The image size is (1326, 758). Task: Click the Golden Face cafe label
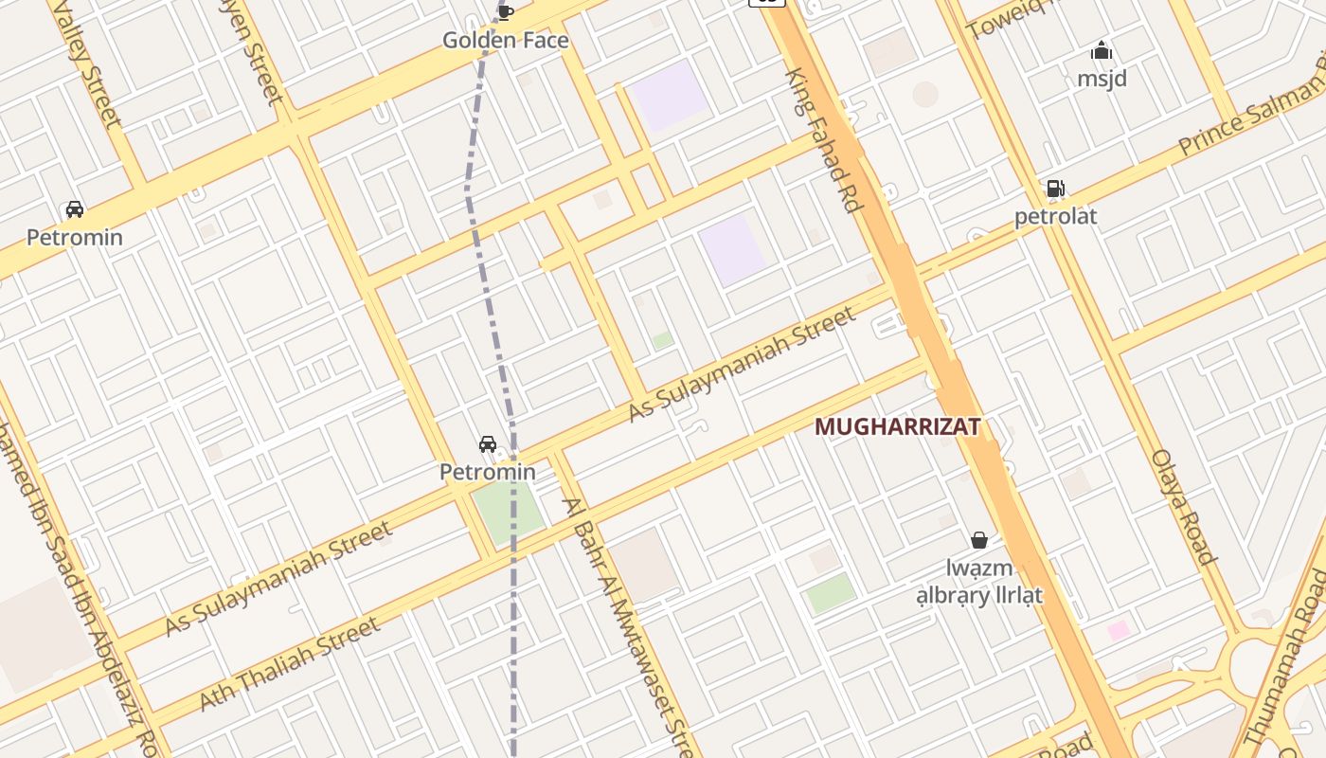[x=506, y=40]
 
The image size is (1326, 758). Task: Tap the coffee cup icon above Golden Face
[x=506, y=11]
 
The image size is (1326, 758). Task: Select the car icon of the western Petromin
[x=74, y=209]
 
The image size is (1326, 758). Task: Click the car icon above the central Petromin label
[x=488, y=443]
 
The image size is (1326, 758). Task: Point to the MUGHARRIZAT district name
[x=897, y=427]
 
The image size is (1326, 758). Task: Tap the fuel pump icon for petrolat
[x=1055, y=189]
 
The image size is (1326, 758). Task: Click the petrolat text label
[x=1055, y=216]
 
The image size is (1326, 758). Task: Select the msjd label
[x=1102, y=79]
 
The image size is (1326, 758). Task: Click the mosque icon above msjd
[x=1102, y=50]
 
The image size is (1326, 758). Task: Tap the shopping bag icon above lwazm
[x=979, y=540]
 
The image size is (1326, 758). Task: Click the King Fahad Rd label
[x=821, y=140]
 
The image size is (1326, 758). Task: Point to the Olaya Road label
[x=1183, y=507]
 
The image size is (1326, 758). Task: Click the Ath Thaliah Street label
[x=290, y=663]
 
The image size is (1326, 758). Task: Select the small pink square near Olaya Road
[x=1120, y=630]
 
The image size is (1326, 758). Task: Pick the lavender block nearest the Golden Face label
[x=669, y=95]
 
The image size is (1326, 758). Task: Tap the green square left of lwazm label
[x=831, y=593]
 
